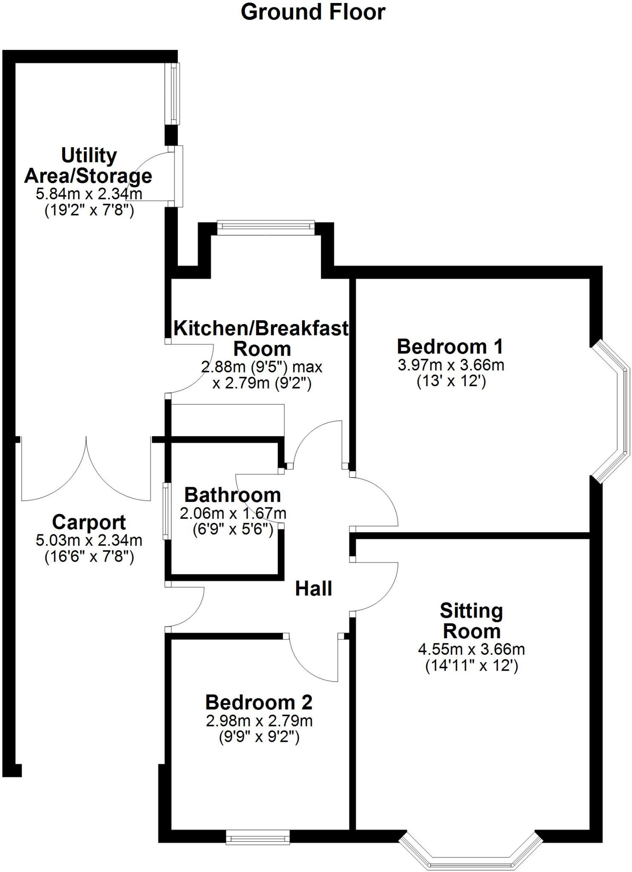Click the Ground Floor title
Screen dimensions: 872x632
click(313, 12)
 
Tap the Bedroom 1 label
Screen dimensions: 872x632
click(450, 347)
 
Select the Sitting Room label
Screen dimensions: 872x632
click(471, 621)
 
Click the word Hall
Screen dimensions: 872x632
click(313, 589)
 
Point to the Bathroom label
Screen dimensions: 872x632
click(232, 495)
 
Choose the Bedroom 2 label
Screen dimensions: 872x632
click(259, 703)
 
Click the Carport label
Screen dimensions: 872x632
click(89, 522)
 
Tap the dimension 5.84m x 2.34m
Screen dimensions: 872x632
click(89, 194)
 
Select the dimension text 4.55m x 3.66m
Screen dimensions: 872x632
click(471, 650)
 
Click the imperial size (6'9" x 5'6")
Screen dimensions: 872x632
click(232, 530)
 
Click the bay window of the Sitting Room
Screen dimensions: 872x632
click(471, 853)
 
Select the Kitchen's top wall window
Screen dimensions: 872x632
click(266, 227)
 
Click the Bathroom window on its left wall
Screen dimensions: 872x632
click(166, 511)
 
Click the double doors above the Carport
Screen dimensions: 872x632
click(86, 468)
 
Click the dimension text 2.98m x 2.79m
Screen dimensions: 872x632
click(259, 721)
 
